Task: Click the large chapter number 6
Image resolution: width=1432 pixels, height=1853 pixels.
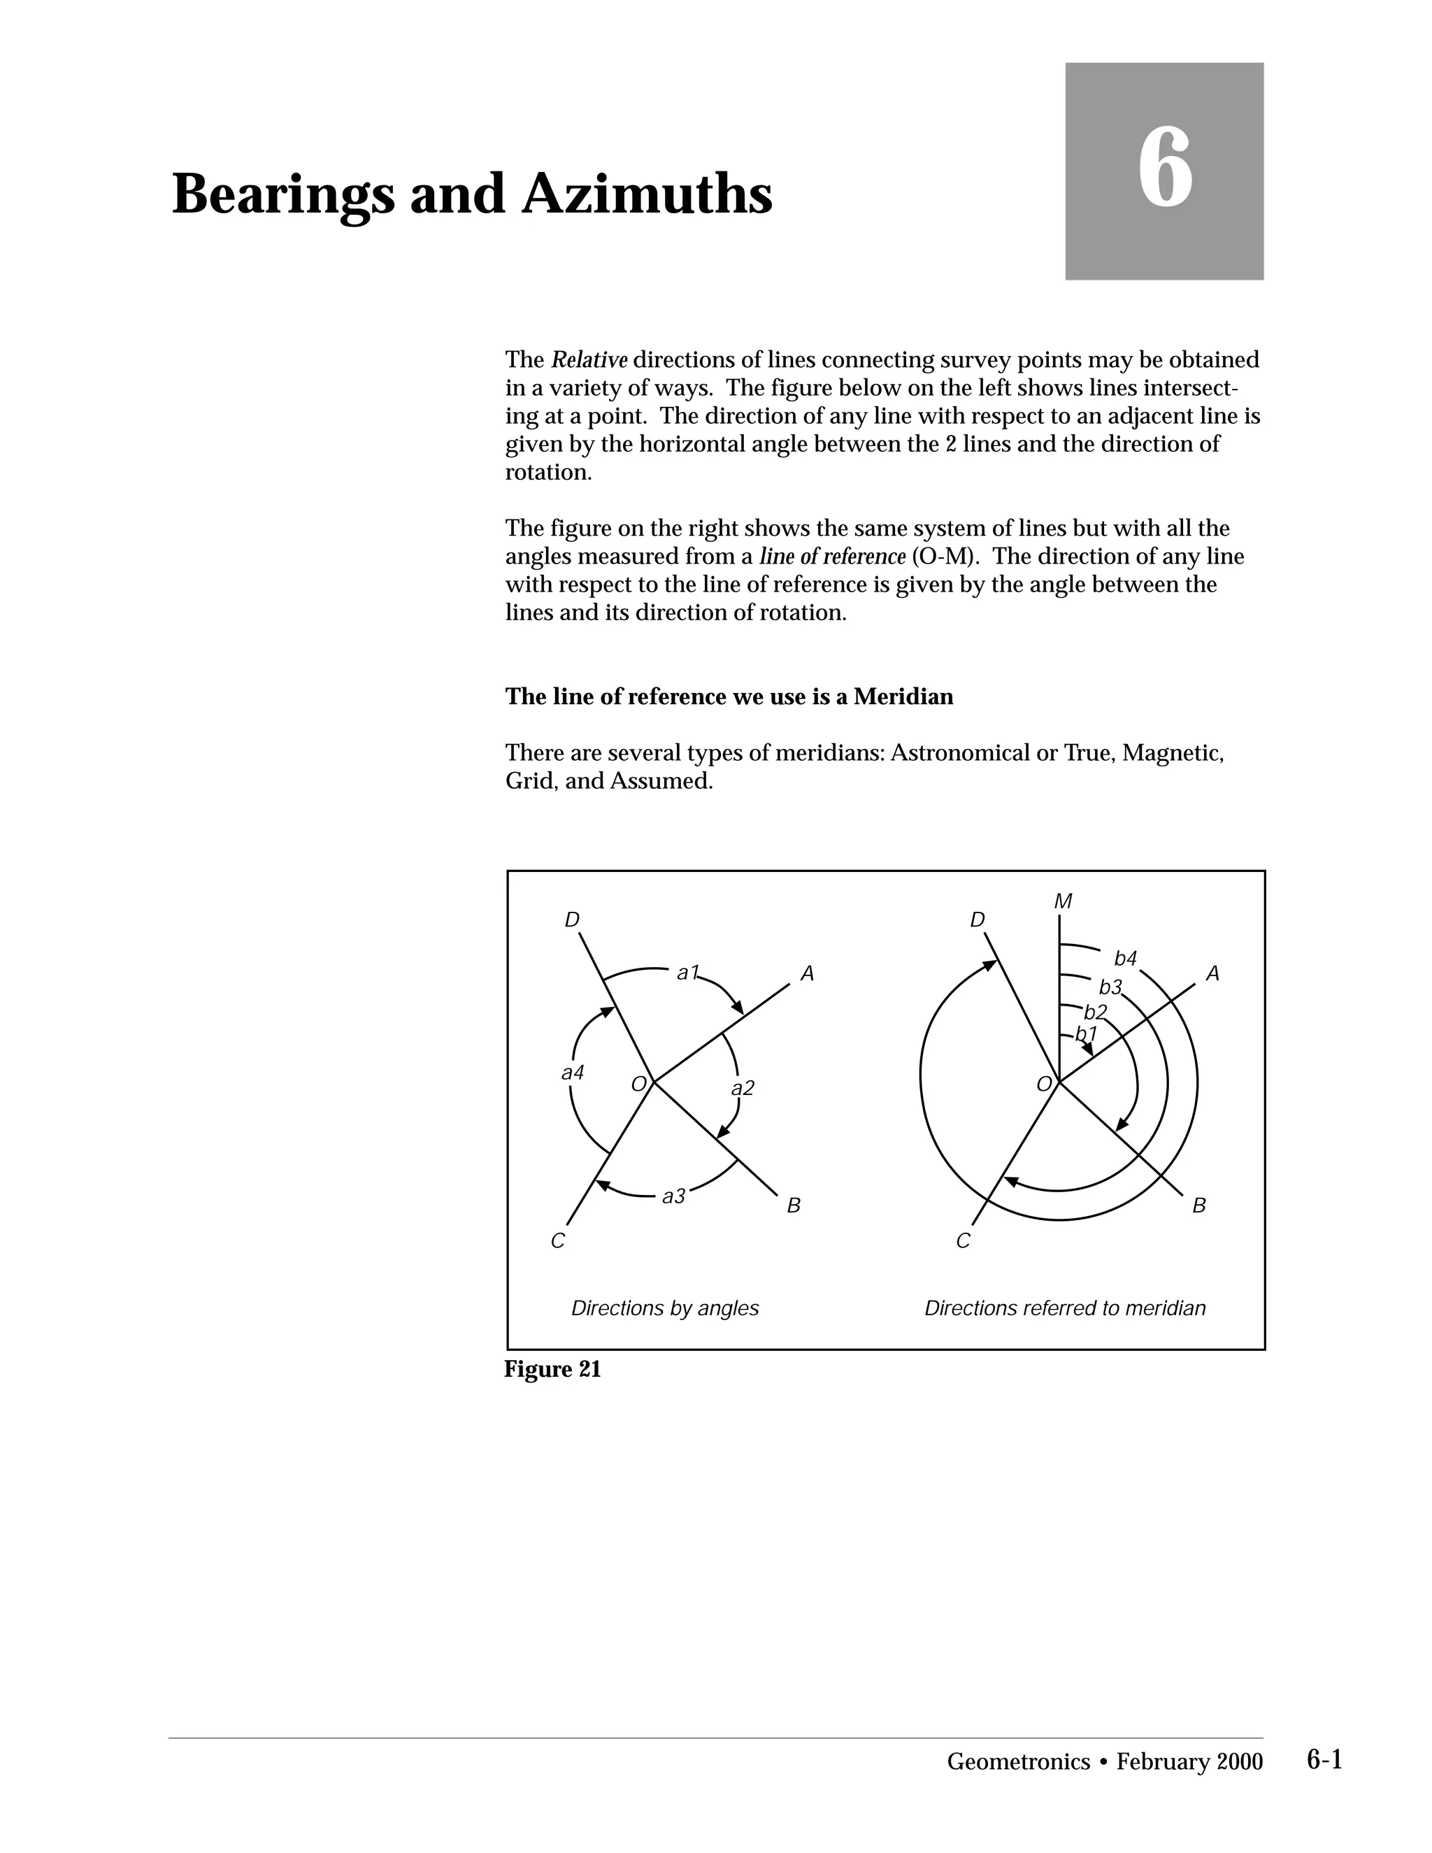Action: coord(1164,169)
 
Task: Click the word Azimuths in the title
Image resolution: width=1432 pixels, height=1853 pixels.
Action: coord(647,195)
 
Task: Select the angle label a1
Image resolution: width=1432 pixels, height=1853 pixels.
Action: coord(687,973)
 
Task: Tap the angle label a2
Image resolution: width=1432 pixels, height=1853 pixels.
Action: coord(743,1089)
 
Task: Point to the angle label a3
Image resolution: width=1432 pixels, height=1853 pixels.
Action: coord(673,1196)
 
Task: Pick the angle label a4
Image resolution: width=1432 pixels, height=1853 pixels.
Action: coord(573,1073)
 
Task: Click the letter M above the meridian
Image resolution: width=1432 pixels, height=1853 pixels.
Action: coord(1062,902)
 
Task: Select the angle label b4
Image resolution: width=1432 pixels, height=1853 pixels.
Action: coord(1125,959)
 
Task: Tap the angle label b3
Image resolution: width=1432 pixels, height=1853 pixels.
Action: coord(1110,987)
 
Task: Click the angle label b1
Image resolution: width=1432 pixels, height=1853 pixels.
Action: coord(1086,1034)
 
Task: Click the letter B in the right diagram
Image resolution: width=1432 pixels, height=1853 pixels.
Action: coord(1198,1205)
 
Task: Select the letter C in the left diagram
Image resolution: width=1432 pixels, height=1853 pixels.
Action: coord(557,1241)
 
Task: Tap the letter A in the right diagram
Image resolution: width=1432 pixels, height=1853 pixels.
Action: coord(1212,974)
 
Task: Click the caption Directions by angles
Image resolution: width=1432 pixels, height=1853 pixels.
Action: coord(664,1308)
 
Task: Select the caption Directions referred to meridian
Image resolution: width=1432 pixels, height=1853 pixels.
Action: coord(1065,1308)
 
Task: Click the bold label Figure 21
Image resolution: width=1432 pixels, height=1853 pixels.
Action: coord(552,1369)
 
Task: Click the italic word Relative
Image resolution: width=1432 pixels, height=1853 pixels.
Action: coord(589,361)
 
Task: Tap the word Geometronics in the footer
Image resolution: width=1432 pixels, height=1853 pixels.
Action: coord(1017,1762)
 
